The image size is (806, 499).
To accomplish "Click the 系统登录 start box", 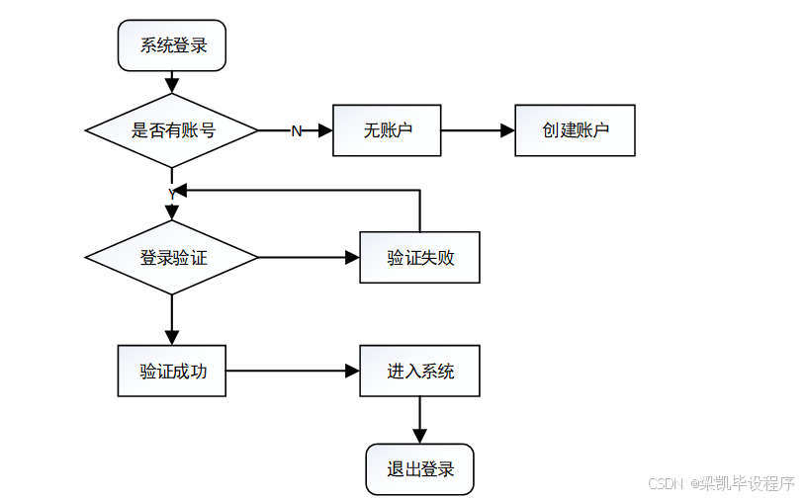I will point(172,46).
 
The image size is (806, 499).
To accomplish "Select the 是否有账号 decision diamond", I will point(172,129).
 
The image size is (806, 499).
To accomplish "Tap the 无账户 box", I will point(387,129).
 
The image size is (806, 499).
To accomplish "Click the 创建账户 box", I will point(575,129).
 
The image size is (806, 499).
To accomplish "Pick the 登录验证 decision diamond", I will point(172,258).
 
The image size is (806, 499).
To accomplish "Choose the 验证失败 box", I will point(420,258).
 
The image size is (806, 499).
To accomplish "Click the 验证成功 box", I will point(172,372).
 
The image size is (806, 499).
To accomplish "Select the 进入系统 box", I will point(420,372).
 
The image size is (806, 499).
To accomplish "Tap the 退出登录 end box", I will point(420,469).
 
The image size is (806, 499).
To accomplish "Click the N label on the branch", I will point(296,131).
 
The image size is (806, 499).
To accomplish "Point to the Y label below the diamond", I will point(172,194).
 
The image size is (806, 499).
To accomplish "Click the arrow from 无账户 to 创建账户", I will point(478,129).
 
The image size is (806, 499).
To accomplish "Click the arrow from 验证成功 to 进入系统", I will point(293,372).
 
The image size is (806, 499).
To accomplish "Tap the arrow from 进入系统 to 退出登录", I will point(420,420).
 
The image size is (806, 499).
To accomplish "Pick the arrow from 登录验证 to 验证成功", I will point(172,319).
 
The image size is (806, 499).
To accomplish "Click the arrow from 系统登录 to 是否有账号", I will point(172,81).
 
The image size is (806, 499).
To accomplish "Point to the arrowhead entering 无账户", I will point(325,129).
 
